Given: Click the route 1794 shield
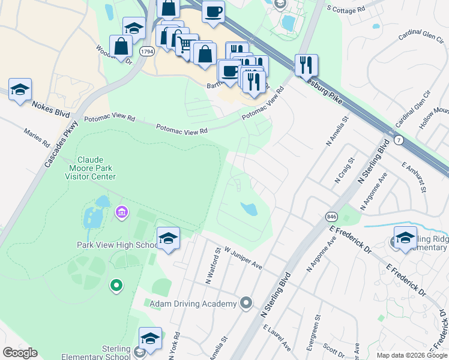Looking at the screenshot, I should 146,52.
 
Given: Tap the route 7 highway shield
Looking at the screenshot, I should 399,139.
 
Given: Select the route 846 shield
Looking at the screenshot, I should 332,216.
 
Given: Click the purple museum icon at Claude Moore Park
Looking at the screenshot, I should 122,212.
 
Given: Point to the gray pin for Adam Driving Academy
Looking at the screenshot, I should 245,304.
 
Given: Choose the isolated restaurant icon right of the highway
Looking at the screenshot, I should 306,65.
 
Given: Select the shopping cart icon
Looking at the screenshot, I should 187,44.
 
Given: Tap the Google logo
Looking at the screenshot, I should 20,353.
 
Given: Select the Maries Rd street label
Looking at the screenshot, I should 37,137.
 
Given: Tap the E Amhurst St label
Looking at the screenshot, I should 414,177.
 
